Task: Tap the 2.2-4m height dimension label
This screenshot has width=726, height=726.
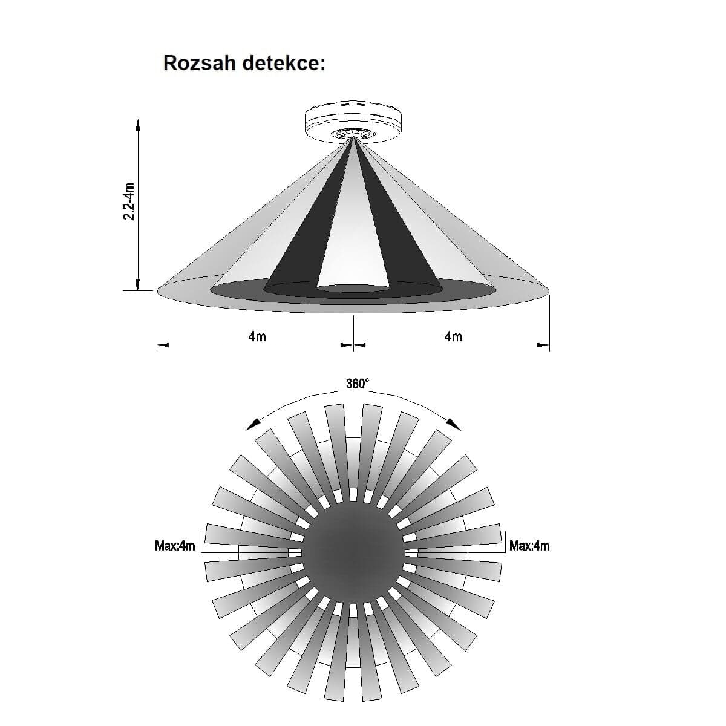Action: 129,201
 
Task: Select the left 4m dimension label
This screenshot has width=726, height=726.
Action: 257,336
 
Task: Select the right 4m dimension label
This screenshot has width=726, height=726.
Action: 453,336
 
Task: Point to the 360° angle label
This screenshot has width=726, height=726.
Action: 358,384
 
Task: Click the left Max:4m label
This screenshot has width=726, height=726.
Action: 175,546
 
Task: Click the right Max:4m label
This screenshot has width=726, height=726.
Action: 529,546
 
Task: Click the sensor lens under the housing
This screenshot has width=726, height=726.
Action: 353,134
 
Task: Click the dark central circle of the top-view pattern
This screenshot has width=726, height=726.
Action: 353,552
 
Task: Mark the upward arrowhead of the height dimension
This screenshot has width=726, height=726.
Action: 138,125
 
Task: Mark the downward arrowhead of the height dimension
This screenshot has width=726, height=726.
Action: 138,284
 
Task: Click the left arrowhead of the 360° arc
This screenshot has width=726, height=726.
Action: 252,425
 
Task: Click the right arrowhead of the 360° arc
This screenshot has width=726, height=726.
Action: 454,425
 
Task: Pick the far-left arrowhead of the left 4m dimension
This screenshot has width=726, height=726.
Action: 163,345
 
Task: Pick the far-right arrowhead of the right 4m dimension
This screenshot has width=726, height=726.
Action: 543,345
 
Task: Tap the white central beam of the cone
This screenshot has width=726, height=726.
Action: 353,234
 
